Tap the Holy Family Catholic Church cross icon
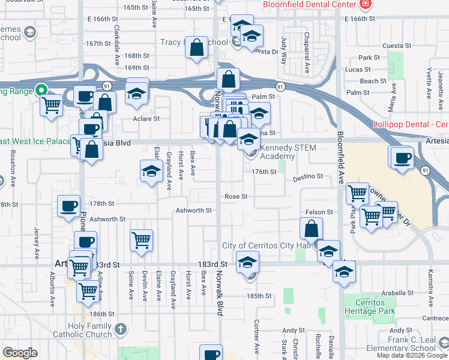tap(121, 329)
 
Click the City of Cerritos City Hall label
tap(265, 246)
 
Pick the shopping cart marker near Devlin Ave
tap(141, 241)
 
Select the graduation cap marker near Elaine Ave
tap(151, 171)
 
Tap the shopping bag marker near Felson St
tap(312, 228)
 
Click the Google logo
tap(20, 353)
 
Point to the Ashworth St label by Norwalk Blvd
tap(194, 211)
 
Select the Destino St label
tap(308, 177)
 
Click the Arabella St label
tap(394, 294)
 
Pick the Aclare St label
tap(146, 119)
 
